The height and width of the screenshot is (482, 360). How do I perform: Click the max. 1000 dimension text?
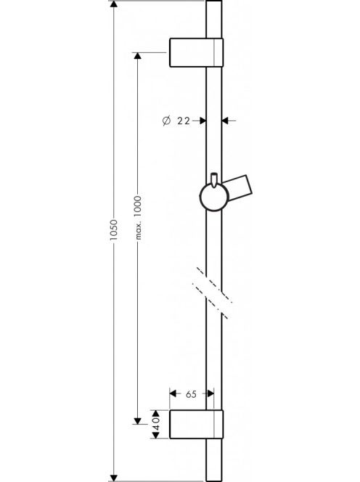pyautogui.click(x=139, y=218)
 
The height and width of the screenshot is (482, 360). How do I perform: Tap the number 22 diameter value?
pyautogui.click(x=184, y=120)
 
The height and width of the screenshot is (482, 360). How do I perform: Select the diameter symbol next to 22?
pyautogui.click(x=166, y=120)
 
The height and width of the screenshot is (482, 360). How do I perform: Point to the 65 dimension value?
pyautogui.click(x=191, y=394)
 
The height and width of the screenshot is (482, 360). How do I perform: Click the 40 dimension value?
pyautogui.click(x=156, y=424)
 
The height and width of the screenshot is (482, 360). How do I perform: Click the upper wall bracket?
pyautogui.click(x=196, y=52)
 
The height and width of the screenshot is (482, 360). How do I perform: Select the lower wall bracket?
pyautogui.click(x=196, y=424)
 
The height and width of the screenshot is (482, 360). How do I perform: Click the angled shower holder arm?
pyautogui.click(x=239, y=189)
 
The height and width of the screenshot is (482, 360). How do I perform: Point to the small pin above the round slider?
pyautogui.click(x=214, y=180)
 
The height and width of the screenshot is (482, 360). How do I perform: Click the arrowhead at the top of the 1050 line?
pyautogui.click(x=114, y=4)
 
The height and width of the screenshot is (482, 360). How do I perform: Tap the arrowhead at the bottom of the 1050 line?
pyautogui.click(x=114, y=478)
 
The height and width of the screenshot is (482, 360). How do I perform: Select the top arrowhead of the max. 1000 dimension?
pyautogui.click(x=137, y=56)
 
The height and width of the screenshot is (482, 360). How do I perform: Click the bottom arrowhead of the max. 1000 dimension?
pyautogui.click(x=137, y=421)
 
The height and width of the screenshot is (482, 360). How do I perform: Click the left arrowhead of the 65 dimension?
pyautogui.click(x=173, y=393)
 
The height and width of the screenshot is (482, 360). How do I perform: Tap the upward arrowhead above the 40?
pyautogui.click(x=156, y=414)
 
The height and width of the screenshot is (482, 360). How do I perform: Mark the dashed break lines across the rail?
pyautogui.click(x=212, y=293)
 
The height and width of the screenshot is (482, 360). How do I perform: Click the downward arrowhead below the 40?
pyautogui.click(x=156, y=435)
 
